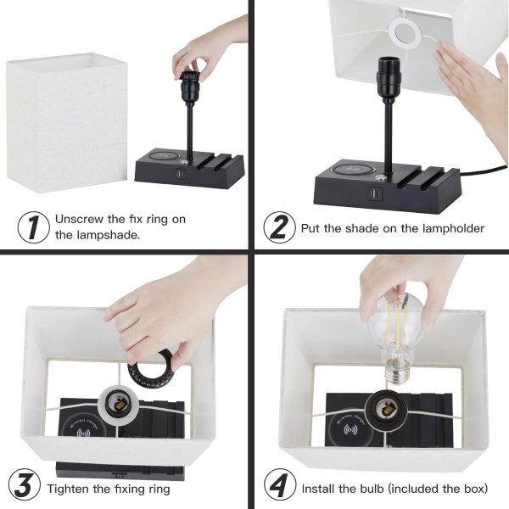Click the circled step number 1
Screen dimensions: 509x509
click(x=33, y=227)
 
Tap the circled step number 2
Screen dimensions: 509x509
click(x=279, y=227)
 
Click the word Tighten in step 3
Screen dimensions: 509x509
click(x=68, y=489)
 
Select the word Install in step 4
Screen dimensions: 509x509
click(x=318, y=489)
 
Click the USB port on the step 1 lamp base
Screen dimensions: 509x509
click(x=181, y=174)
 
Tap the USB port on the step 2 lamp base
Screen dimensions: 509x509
click(x=375, y=193)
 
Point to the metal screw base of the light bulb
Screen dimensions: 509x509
click(x=397, y=372)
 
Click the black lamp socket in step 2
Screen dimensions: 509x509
click(x=389, y=76)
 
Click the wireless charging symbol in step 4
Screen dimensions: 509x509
click(x=350, y=430)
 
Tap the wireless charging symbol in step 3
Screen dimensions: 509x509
click(x=83, y=433)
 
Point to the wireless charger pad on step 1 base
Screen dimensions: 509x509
click(x=163, y=156)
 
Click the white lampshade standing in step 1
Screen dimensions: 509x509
click(x=67, y=123)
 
